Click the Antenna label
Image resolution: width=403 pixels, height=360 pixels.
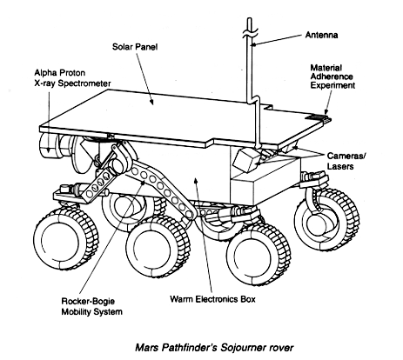(x=321, y=35)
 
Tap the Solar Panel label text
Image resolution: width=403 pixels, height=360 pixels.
(x=135, y=47)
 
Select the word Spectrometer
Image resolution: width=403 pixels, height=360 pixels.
(x=84, y=83)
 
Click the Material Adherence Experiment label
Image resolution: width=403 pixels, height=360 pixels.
(x=332, y=77)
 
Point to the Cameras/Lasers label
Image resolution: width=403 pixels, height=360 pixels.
(x=346, y=161)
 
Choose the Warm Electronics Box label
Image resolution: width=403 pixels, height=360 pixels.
(x=212, y=299)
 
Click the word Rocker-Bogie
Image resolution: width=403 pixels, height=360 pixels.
(x=88, y=301)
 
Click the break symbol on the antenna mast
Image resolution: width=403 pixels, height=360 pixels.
(x=249, y=32)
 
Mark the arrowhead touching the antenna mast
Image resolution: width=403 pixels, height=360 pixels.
(x=254, y=44)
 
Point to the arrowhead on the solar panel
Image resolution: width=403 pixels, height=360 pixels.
(x=151, y=102)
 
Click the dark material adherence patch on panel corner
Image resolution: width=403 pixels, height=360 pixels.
(x=319, y=117)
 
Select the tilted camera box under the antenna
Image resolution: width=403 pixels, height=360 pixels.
(x=245, y=159)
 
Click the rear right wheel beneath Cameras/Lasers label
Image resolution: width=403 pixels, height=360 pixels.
(x=326, y=219)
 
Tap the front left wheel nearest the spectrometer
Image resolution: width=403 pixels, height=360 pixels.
(x=65, y=240)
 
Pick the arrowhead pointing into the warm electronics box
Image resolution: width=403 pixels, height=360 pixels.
(x=196, y=181)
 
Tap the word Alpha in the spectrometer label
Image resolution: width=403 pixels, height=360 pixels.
(x=45, y=72)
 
